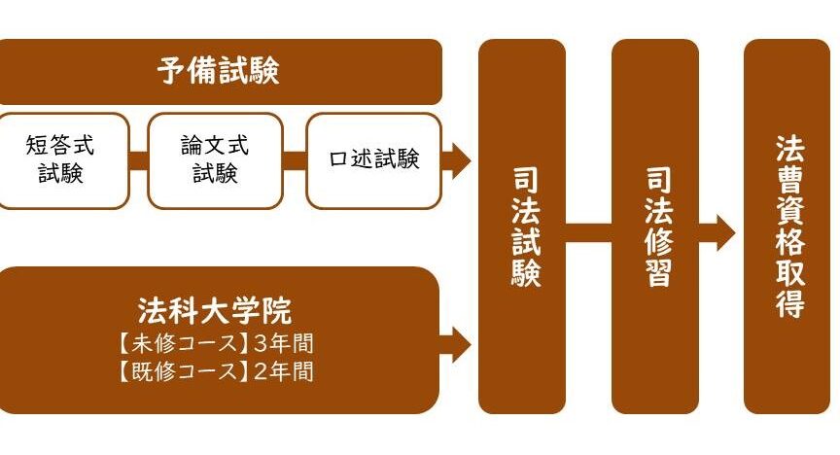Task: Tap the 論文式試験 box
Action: click(x=215, y=160)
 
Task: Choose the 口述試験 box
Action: click(x=373, y=159)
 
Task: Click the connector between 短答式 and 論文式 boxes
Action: click(x=138, y=160)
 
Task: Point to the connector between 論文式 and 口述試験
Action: click(x=296, y=160)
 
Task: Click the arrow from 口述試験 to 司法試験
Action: click(x=456, y=159)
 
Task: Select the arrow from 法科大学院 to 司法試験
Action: click(x=456, y=342)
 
